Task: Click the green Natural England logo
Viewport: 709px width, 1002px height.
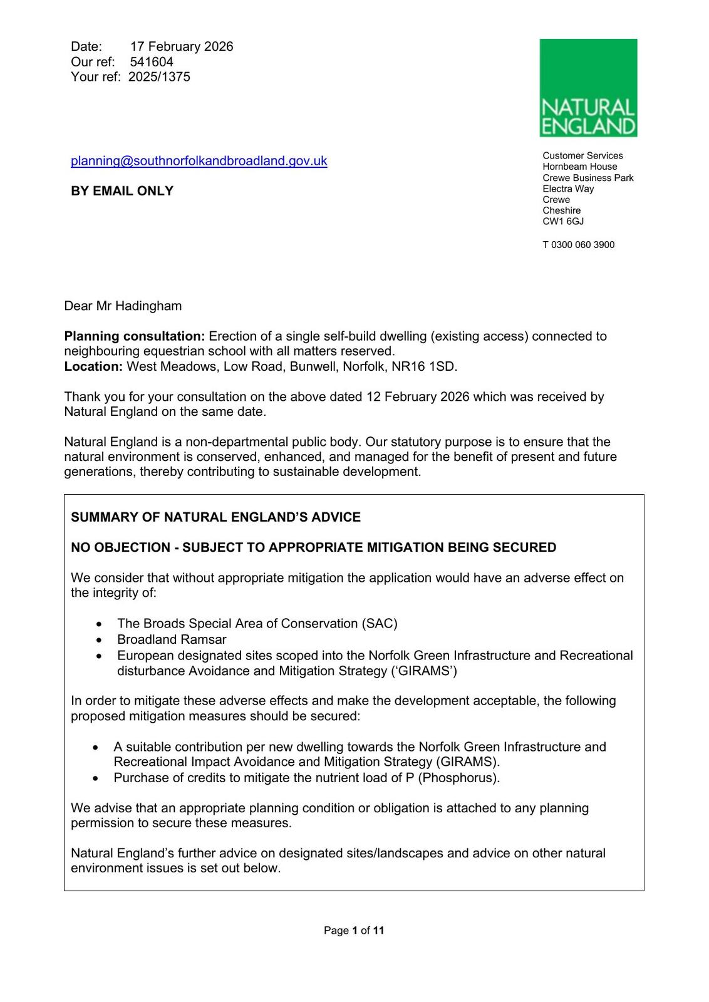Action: pos(588,88)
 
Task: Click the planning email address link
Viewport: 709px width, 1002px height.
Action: pos(199,161)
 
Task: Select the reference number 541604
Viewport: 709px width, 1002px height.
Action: pos(152,62)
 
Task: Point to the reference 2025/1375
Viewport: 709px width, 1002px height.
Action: pos(159,77)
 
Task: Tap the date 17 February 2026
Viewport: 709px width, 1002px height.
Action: pos(182,46)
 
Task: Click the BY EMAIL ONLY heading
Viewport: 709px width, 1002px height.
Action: pos(122,191)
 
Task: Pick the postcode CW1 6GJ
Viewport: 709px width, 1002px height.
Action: pos(563,222)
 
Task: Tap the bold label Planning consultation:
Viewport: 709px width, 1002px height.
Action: pos(135,336)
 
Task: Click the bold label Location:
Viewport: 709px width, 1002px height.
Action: pos(93,366)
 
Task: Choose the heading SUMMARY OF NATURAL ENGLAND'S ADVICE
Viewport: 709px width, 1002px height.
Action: pos(215,517)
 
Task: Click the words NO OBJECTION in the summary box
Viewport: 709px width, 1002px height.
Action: pos(120,547)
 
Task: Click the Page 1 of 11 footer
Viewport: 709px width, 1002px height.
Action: pos(354,931)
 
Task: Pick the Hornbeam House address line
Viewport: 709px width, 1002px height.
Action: pos(580,167)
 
